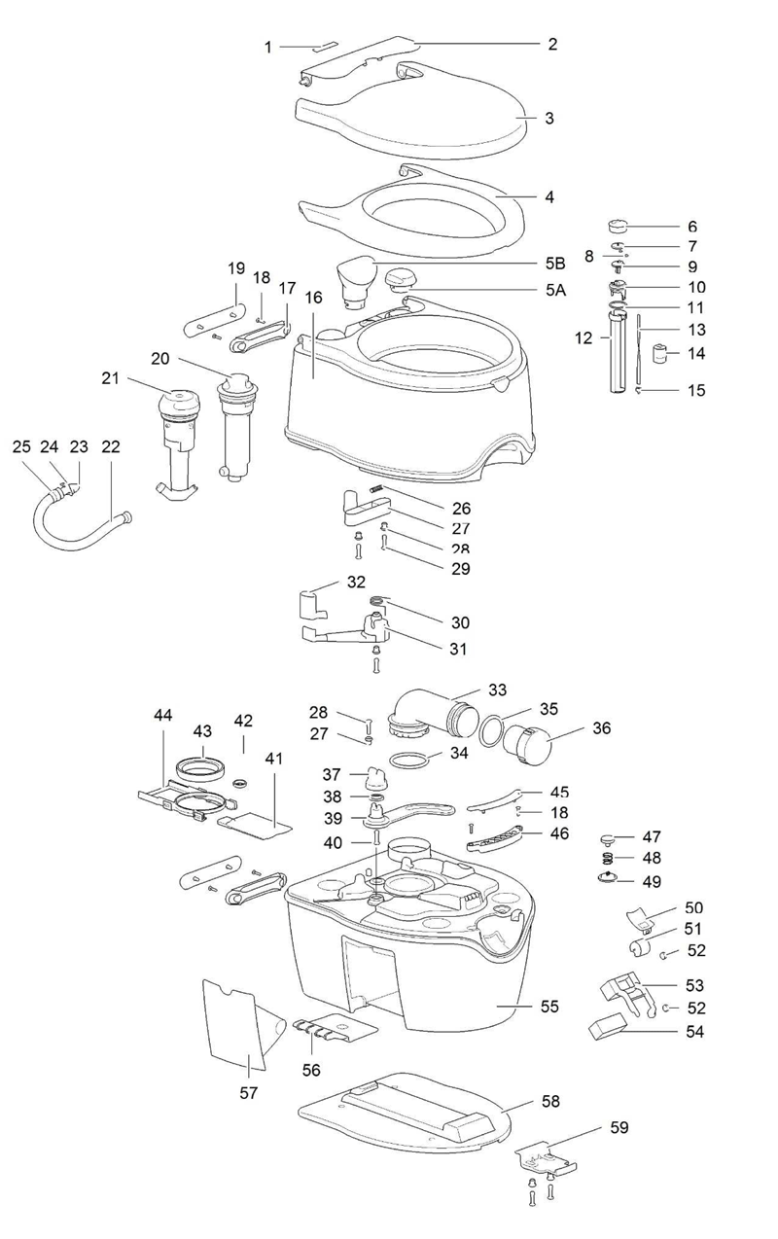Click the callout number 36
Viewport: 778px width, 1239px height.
click(602, 727)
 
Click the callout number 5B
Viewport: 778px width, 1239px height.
click(554, 263)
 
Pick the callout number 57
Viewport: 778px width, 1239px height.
click(248, 1092)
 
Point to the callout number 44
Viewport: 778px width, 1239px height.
click(162, 715)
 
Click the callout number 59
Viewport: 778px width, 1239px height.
click(619, 1127)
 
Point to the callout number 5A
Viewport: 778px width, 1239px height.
click(555, 289)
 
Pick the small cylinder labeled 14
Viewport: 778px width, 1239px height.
click(662, 354)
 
